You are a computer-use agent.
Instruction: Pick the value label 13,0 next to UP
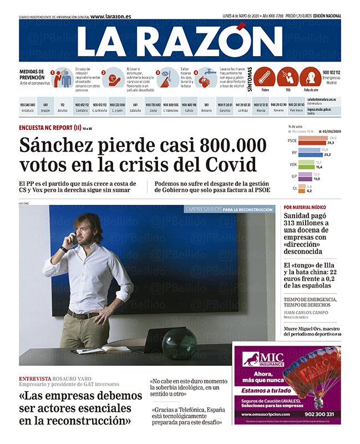pyautogui.click(x=317, y=179)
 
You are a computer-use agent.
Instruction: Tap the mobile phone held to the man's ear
pyautogui.click(x=72, y=239)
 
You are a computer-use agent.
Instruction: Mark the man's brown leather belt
pyautogui.click(x=83, y=315)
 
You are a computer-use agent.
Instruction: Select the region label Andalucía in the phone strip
pyautogui.click(x=27, y=110)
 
